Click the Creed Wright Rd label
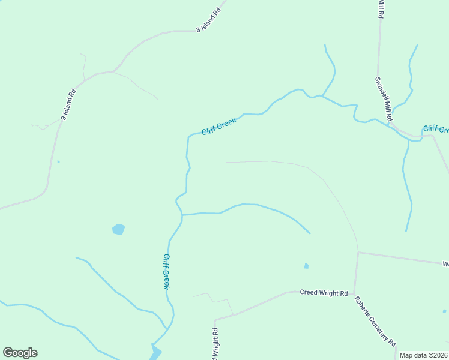point(324,293)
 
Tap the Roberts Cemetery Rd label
point(375,321)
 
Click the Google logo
point(20,353)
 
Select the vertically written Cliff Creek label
point(167,271)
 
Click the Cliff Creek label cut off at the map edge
point(436,129)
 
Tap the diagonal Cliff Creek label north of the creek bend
point(219,126)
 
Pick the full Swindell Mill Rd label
point(383,100)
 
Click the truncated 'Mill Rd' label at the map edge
point(381,9)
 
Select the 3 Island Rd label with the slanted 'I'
point(209,20)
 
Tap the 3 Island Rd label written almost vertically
point(68,104)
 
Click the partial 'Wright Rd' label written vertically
point(214,343)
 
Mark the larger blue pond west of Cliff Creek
point(119,229)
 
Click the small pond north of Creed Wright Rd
point(306,266)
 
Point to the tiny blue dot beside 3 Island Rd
point(58,161)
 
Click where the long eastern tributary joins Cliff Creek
point(182,215)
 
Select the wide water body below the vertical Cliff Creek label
point(155,351)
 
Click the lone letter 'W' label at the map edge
point(445,264)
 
